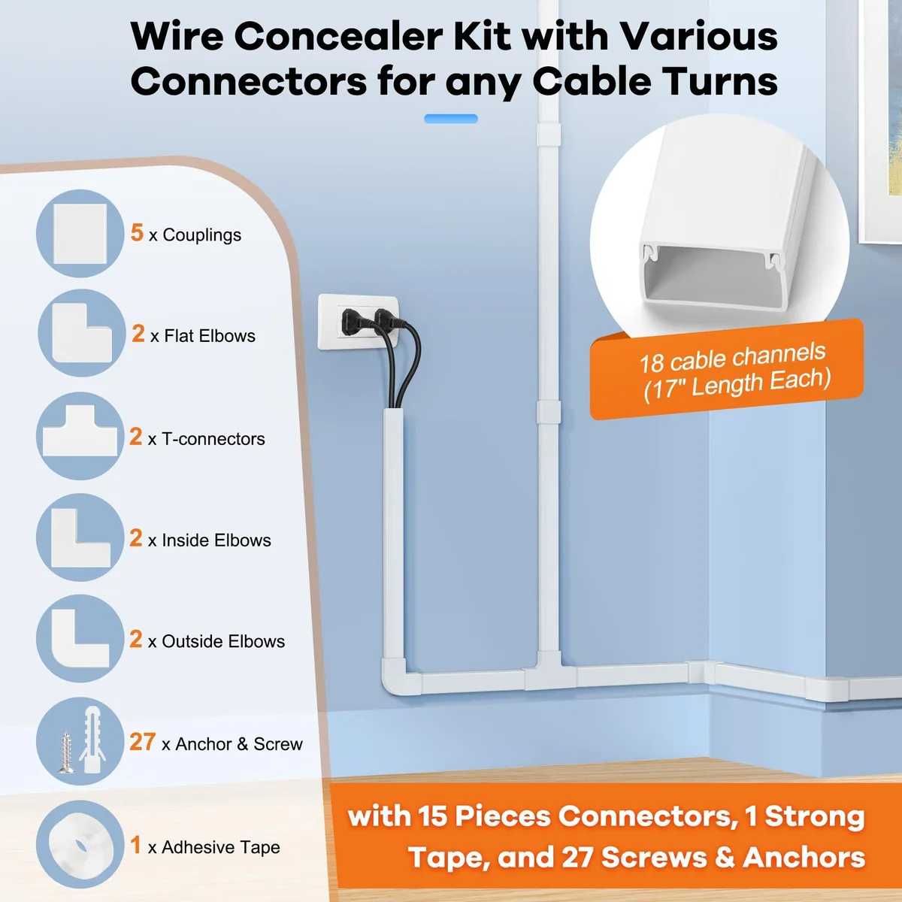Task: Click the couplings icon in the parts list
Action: [80, 233]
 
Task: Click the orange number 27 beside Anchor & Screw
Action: [142, 742]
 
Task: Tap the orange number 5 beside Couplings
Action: [137, 232]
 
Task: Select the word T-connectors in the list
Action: [213, 439]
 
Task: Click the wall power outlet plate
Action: [358, 322]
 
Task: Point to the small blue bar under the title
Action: [451, 119]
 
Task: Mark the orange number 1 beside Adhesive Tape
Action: [135, 845]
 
